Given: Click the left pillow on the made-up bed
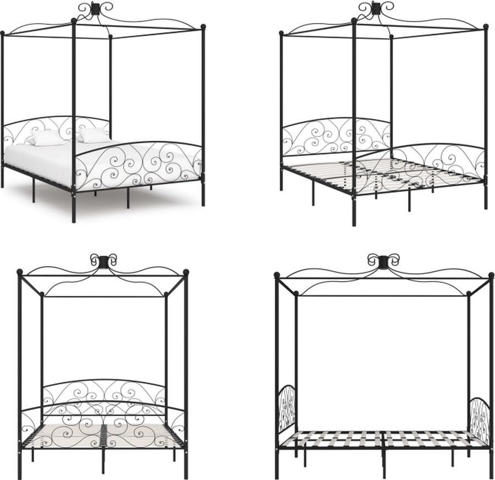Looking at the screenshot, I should click(x=46, y=137).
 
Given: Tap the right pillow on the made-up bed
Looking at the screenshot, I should click(x=94, y=135).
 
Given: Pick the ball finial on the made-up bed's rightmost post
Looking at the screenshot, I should click(x=203, y=26).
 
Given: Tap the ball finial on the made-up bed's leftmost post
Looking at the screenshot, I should click(x=2, y=33).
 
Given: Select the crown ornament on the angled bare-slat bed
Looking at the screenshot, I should click(x=376, y=8).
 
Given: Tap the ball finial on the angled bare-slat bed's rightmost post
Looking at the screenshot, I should click(x=486, y=27).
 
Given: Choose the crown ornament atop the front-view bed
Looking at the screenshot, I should click(x=103, y=261).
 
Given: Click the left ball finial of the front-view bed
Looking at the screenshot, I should click(x=20, y=272).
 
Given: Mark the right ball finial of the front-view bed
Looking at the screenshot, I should click(x=186, y=272).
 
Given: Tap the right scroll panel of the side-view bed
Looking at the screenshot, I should click(x=480, y=421).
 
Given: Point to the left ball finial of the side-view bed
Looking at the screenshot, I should click(x=277, y=274).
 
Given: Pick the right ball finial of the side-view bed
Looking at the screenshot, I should click(x=491, y=274).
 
